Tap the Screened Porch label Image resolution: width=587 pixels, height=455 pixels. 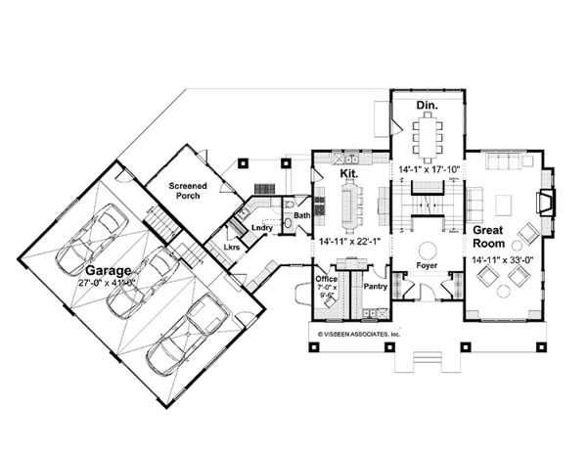coord(184,190)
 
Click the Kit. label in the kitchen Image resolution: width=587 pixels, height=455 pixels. coord(347,173)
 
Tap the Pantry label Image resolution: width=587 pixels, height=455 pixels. coord(376,287)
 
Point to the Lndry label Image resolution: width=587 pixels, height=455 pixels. coord(260,228)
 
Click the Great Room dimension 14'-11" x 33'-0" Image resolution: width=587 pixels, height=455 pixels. coord(502,260)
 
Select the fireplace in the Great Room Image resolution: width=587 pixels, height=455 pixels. coord(545,203)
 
